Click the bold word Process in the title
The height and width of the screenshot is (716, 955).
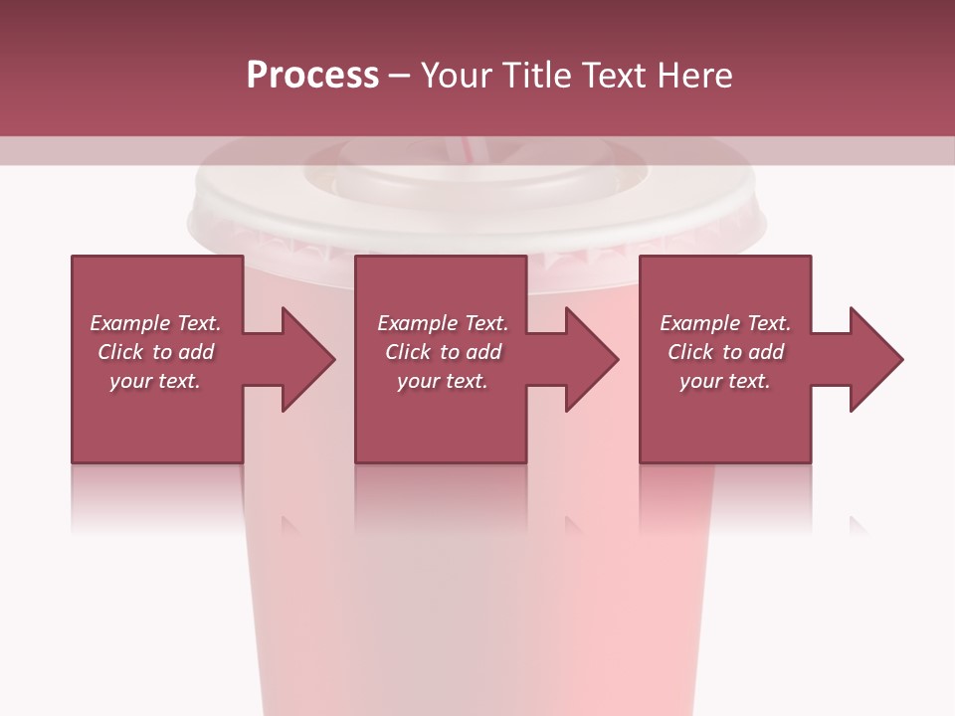312,76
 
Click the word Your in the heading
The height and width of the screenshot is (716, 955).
457,76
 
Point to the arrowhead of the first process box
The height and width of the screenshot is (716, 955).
308,359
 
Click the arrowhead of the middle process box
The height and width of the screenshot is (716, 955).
592,359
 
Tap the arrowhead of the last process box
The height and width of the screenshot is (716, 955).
876,359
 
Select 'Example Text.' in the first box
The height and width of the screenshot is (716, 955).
155,323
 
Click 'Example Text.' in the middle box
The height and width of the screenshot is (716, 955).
443,323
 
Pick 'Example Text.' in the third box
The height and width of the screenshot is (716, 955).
725,323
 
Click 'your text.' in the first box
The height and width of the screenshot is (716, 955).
155,381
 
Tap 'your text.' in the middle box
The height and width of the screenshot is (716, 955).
443,381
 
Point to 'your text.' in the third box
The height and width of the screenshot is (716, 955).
725,381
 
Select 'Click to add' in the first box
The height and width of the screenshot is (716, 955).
155,352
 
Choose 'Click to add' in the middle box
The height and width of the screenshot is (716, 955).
443,352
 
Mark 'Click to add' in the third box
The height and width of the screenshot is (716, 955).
725,352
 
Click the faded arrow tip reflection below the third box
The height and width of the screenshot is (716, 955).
858,523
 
